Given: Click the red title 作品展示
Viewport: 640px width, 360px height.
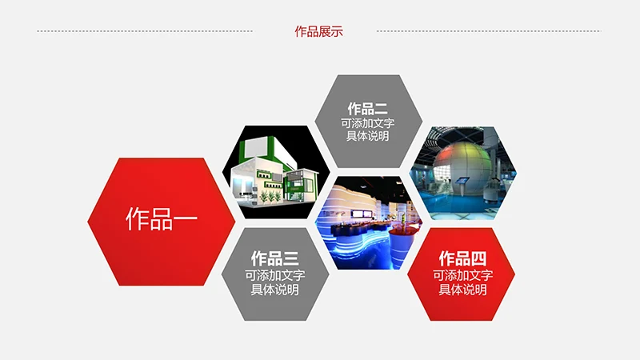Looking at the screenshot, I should point(318,32).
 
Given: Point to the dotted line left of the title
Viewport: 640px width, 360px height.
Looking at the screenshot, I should point(144,32).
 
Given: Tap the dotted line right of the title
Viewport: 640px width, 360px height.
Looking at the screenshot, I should point(488,32).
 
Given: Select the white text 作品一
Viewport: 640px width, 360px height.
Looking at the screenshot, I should point(161,219).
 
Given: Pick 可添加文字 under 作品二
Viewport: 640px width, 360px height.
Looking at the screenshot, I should point(367,123).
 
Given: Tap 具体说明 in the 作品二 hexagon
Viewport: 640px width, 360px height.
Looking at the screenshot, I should point(367,136).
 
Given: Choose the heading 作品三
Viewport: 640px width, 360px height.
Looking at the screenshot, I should point(274,258).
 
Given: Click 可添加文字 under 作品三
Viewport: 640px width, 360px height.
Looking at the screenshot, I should point(274,274).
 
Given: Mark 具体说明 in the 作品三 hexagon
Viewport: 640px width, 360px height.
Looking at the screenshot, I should point(274,289).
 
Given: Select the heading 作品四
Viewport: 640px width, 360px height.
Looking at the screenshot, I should point(462,258).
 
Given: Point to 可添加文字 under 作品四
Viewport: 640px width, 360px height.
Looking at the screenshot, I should point(462,274).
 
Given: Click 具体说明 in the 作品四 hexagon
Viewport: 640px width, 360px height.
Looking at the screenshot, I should point(462,289).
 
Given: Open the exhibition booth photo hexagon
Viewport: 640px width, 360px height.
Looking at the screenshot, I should point(275,172).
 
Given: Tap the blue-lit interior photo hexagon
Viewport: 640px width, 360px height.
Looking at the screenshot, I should point(367,222).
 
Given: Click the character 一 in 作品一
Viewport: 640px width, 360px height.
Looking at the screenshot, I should point(185,219).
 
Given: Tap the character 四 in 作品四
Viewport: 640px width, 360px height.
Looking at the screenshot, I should point(478,258).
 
